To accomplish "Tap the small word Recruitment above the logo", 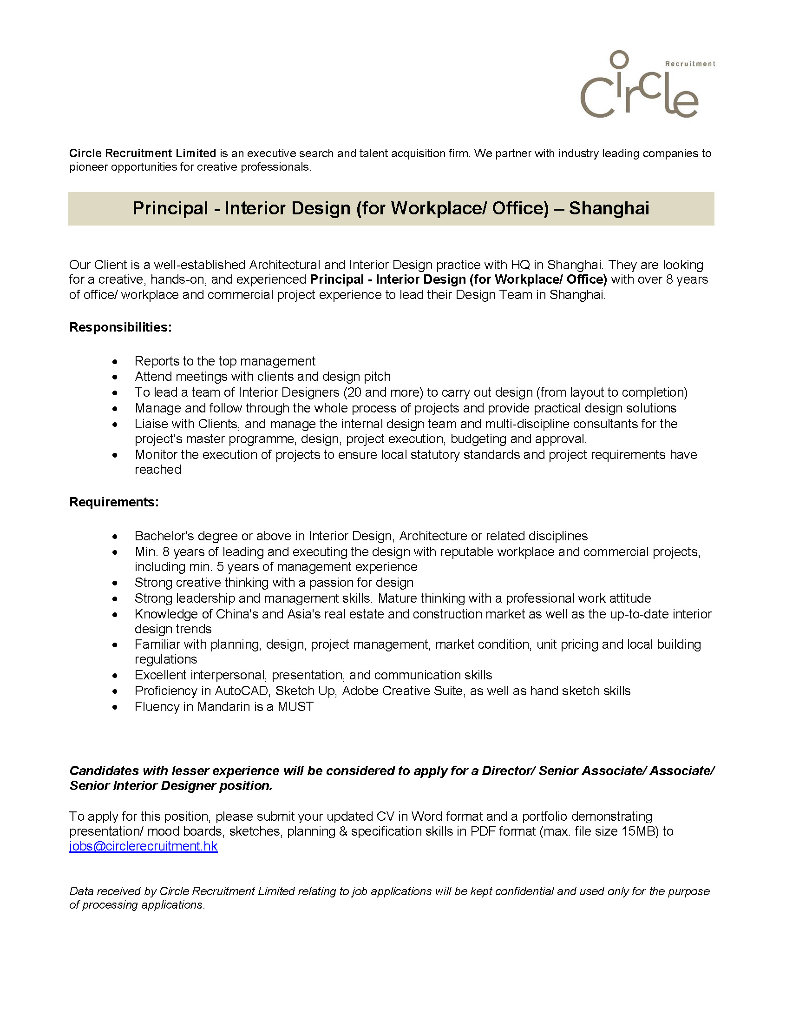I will pyautogui.click(x=690, y=64).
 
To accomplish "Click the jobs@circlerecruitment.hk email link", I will pyautogui.click(x=143, y=846).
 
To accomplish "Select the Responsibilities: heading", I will pyautogui.click(x=120, y=327).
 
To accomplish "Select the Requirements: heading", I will pyautogui.click(x=114, y=502).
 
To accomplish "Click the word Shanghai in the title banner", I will pyautogui.click(x=609, y=208).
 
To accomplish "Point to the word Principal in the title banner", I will pyautogui.click(x=170, y=208).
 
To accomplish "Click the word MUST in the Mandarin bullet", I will pyautogui.click(x=295, y=706).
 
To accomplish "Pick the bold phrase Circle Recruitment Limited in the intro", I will pyautogui.click(x=142, y=153).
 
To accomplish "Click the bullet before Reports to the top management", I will pyautogui.click(x=115, y=362).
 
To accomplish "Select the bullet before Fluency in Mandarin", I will pyautogui.click(x=115, y=707).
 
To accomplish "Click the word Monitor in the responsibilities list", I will pyautogui.click(x=156, y=454).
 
